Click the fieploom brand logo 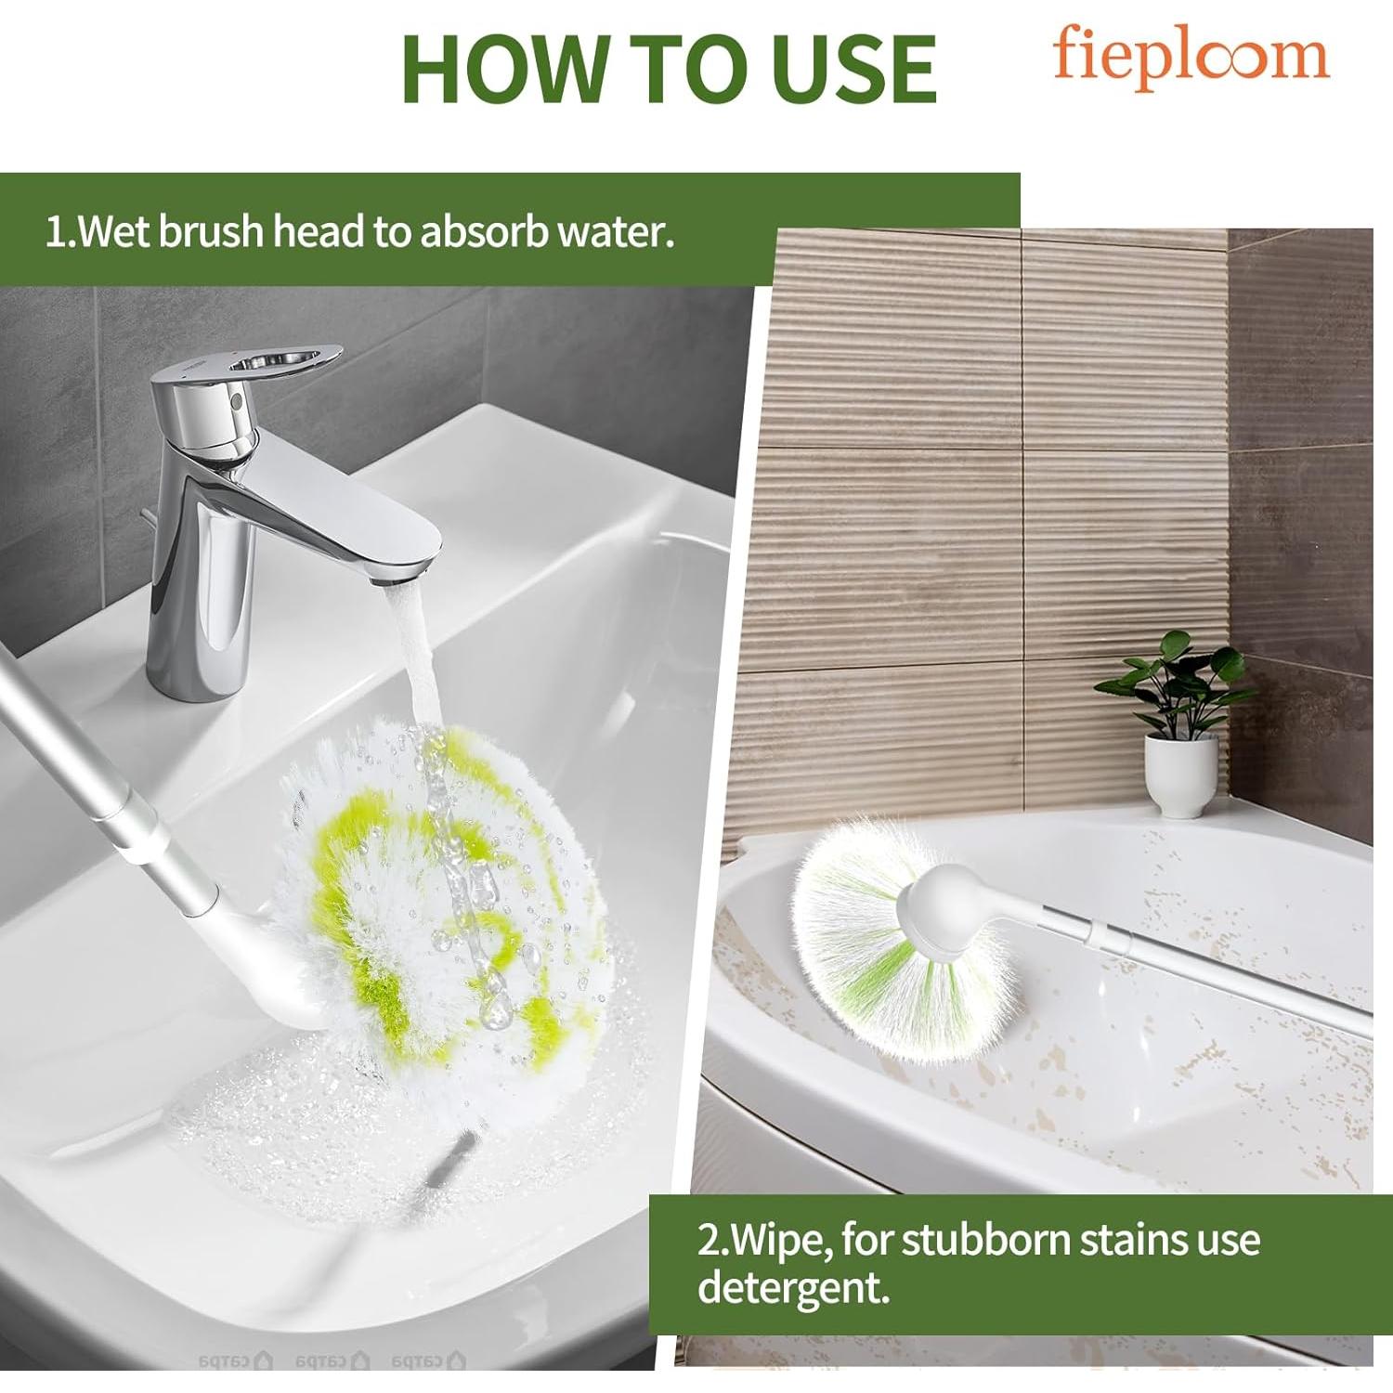[1191, 58]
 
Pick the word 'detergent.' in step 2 [793, 1287]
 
